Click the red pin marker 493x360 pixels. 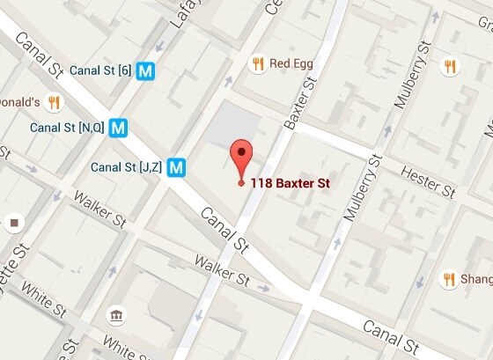point(241,158)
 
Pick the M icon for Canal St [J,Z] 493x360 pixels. point(179,166)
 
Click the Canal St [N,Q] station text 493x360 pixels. point(67,128)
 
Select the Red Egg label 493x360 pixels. point(291,63)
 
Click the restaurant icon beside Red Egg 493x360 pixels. point(258,63)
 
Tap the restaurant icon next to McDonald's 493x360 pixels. point(54,102)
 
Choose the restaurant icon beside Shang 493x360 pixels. point(449,280)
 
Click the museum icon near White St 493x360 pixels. point(115,316)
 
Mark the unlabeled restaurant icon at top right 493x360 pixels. point(450,66)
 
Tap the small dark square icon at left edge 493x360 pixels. point(13,222)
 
